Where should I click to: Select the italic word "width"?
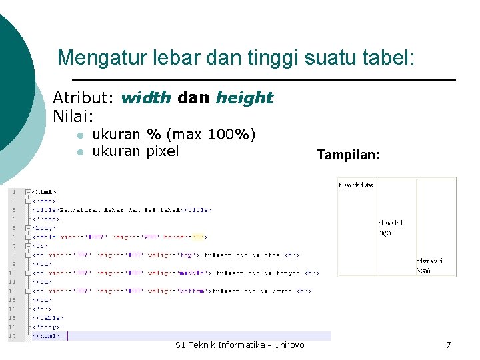146,98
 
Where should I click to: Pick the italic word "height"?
244,98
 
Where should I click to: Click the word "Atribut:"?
83,98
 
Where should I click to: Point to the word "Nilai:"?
73,116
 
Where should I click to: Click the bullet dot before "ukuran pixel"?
79,152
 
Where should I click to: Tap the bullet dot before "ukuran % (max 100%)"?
79,135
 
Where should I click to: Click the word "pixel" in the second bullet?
163,151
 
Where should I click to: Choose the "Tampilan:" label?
348,155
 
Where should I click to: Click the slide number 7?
448,345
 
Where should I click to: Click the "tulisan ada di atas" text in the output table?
356,185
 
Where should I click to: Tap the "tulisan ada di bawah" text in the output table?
430,265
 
